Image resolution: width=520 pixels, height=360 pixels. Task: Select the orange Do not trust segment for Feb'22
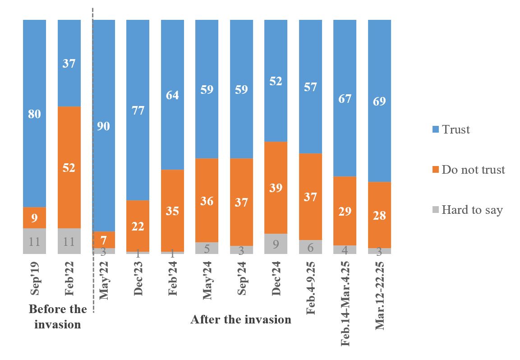[x=69, y=167]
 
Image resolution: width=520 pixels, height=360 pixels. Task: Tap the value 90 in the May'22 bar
[x=104, y=126]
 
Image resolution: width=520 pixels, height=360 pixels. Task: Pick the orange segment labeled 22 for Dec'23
[x=138, y=226]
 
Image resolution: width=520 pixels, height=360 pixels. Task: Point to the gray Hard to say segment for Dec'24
[x=276, y=244]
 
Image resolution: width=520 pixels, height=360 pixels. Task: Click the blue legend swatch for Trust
[x=435, y=130]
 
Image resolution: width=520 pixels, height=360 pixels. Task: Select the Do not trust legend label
[x=473, y=170]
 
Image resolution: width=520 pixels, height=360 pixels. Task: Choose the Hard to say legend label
[x=472, y=210]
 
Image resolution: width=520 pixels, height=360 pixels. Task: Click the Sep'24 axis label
[x=242, y=277]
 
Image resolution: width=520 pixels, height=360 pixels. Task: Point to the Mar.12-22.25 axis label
[x=380, y=295]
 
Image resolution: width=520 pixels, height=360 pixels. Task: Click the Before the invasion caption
[x=58, y=317]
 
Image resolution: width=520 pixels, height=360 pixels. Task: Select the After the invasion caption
[x=241, y=320]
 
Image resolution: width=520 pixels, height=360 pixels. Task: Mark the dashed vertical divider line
[x=93, y=158]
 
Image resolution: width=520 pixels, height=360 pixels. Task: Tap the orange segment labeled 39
[x=276, y=188]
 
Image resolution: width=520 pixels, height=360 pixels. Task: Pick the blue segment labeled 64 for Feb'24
[x=173, y=95]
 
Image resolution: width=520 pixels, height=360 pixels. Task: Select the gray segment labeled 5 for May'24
[x=207, y=248]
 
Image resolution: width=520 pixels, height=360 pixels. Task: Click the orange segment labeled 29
[x=345, y=211]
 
